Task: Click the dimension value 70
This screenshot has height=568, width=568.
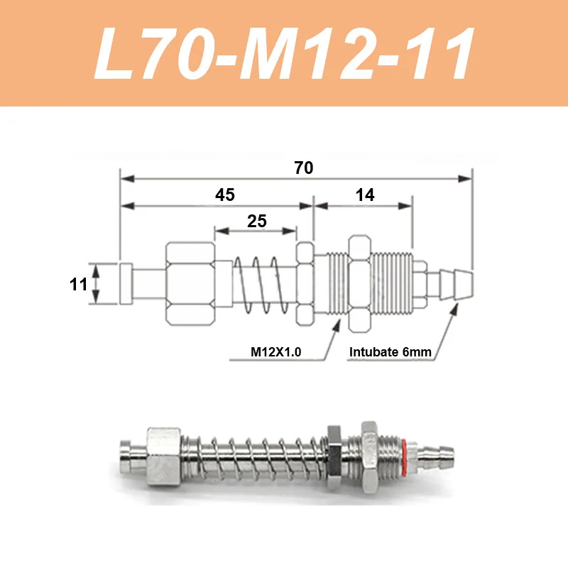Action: (x=304, y=168)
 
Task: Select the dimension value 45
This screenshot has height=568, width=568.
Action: (x=225, y=195)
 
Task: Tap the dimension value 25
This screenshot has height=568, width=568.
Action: (x=257, y=221)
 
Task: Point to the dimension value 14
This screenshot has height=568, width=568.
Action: (x=365, y=195)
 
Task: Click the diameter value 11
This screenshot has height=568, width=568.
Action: (x=78, y=284)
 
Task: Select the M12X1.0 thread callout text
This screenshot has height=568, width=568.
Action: (x=275, y=351)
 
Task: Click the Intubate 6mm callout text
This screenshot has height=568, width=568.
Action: (x=390, y=351)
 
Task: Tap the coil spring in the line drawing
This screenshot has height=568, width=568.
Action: (x=261, y=285)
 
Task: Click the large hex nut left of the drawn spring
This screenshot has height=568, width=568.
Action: (x=190, y=283)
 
